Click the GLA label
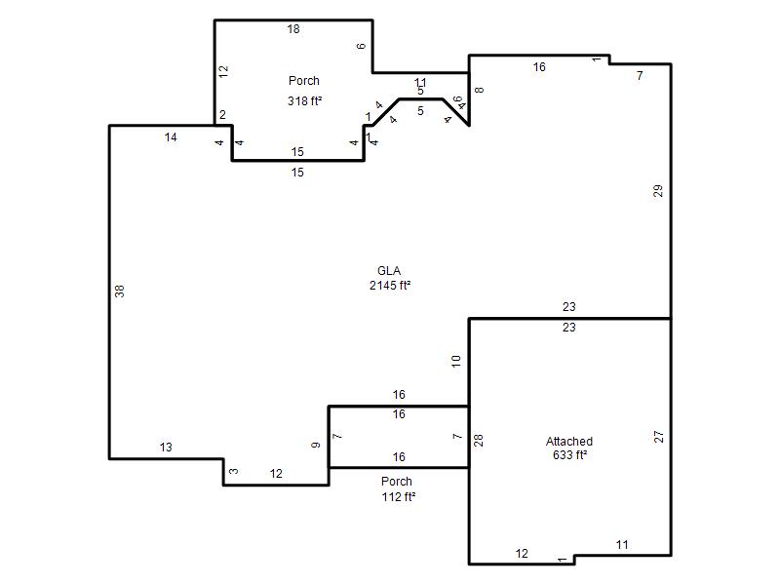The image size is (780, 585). pyautogui.click(x=389, y=271)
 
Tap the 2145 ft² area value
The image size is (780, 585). pyautogui.click(x=390, y=285)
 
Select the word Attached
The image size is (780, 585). pyautogui.click(x=569, y=442)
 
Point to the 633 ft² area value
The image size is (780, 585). pyautogui.click(x=570, y=454)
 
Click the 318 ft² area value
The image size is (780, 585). pyautogui.click(x=305, y=101)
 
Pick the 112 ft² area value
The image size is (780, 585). pyautogui.click(x=399, y=496)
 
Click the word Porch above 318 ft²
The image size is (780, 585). pyautogui.click(x=304, y=81)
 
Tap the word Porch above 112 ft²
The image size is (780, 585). pyautogui.click(x=397, y=482)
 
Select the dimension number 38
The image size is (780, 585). pyautogui.click(x=119, y=292)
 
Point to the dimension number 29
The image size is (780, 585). pyautogui.click(x=658, y=191)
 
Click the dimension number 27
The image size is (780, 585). pyautogui.click(x=659, y=437)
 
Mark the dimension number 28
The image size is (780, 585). pyautogui.click(x=479, y=441)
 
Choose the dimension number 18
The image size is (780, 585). pyautogui.click(x=293, y=29)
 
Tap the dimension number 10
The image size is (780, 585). pyautogui.click(x=456, y=361)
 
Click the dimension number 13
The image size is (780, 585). pyautogui.click(x=166, y=448)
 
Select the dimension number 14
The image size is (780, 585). pyautogui.click(x=171, y=137)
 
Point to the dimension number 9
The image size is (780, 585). pyautogui.click(x=316, y=446)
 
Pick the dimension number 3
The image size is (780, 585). pyautogui.click(x=234, y=471)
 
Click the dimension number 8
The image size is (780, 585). pyautogui.click(x=479, y=90)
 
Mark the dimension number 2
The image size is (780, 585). pyautogui.click(x=222, y=115)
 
